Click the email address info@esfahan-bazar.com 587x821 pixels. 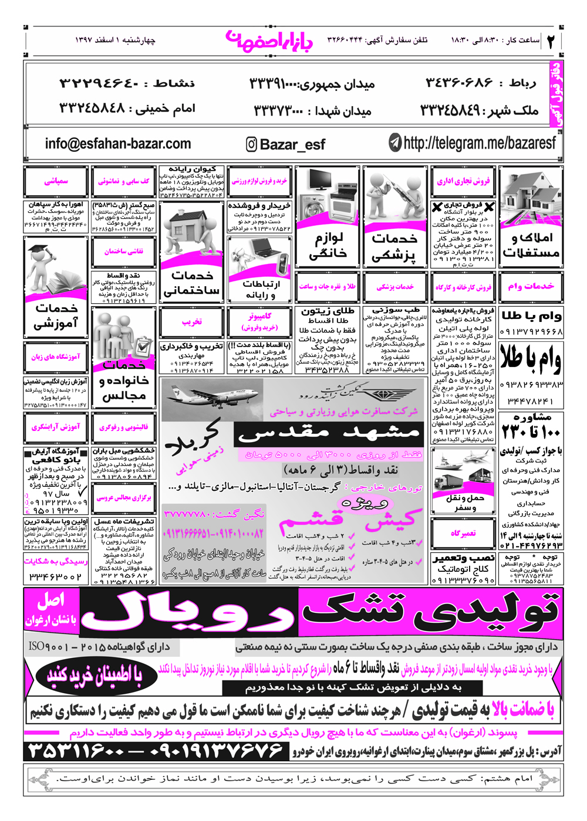click(117, 144)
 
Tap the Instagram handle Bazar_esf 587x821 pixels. click(292, 144)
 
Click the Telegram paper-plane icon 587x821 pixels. click(395, 143)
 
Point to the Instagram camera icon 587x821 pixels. click(251, 144)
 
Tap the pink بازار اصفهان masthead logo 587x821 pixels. click(269, 40)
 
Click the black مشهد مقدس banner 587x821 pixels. click(328, 434)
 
